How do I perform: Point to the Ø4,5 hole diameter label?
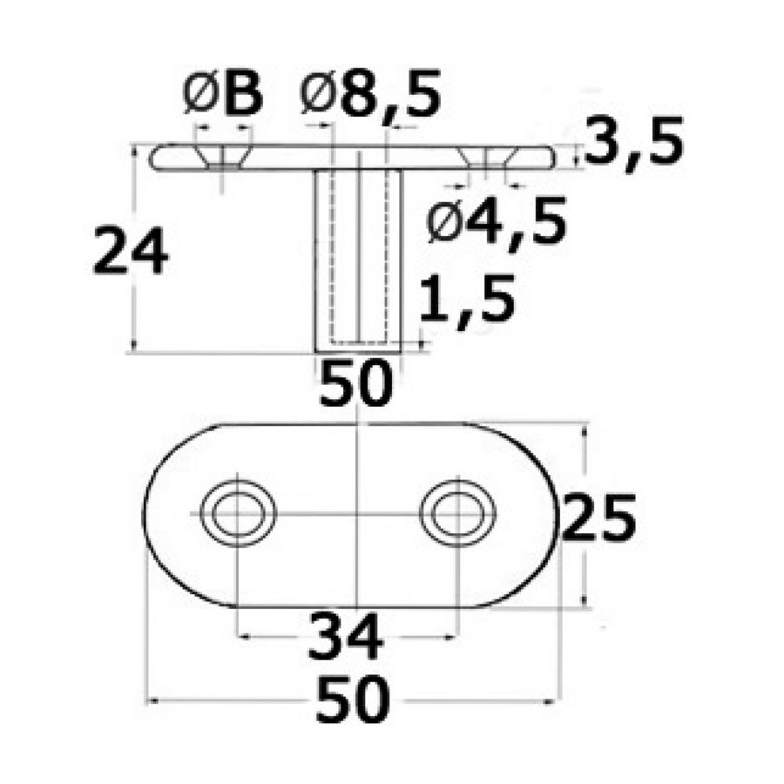tap(497, 221)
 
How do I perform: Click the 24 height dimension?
tap(131, 251)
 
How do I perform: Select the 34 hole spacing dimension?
tap(346, 637)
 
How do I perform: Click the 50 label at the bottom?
tap(354, 699)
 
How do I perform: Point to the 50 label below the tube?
tap(355, 382)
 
